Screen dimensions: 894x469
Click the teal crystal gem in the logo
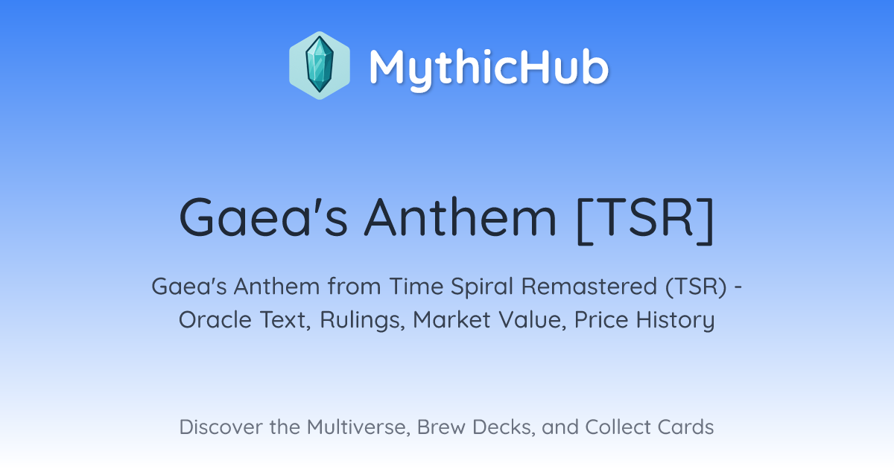click(320, 65)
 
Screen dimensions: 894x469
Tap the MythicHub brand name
click(489, 68)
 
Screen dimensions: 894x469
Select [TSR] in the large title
click(645, 219)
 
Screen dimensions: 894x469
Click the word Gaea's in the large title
click(264, 217)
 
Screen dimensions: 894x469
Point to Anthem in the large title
click(460, 217)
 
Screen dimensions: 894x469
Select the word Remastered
click(589, 287)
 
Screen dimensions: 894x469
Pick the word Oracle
click(215, 320)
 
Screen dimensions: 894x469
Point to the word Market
click(451, 320)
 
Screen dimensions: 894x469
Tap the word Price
click(601, 320)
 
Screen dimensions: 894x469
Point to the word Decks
click(504, 427)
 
